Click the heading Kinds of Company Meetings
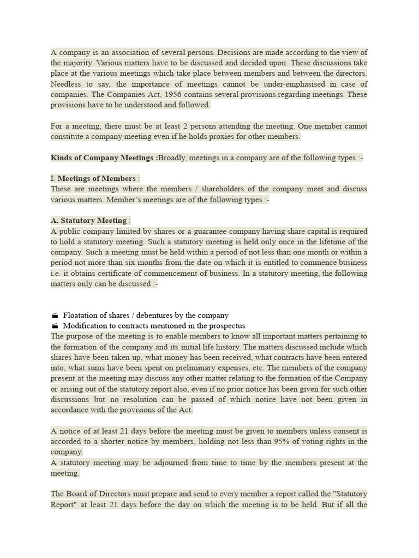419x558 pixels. (x=103, y=158)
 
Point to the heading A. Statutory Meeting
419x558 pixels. (x=88, y=221)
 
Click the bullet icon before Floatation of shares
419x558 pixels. (x=55, y=316)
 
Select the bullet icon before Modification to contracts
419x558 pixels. (x=55, y=326)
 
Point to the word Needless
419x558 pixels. (x=65, y=84)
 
